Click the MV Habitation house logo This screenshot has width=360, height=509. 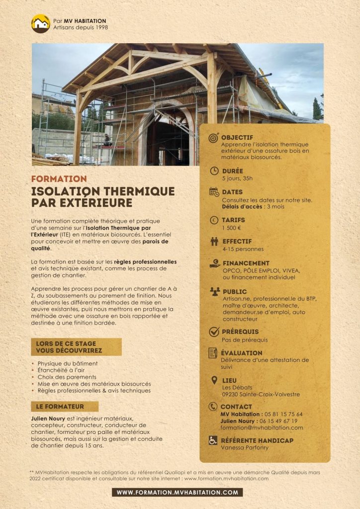point(41,23)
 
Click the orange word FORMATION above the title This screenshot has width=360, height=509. point(59,178)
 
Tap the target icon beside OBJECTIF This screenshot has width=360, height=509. point(214,138)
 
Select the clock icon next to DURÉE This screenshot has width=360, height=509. point(214,170)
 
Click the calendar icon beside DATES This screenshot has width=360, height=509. point(214,192)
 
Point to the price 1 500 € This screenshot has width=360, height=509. point(231,228)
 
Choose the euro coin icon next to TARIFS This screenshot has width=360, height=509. point(214,220)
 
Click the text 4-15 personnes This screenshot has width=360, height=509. point(243,249)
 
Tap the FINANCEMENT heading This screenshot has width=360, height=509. point(246,263)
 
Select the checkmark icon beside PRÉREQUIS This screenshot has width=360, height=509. point(214,332)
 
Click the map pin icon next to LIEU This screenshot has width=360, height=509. point(214,381)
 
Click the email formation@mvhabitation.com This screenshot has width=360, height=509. point(262,427)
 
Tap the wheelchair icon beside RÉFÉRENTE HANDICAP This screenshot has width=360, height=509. point(213,440)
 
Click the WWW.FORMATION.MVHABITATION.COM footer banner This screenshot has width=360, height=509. point(178,492)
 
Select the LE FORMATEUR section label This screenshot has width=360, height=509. point(60,407)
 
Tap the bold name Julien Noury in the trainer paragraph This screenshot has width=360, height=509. point(48,419)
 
